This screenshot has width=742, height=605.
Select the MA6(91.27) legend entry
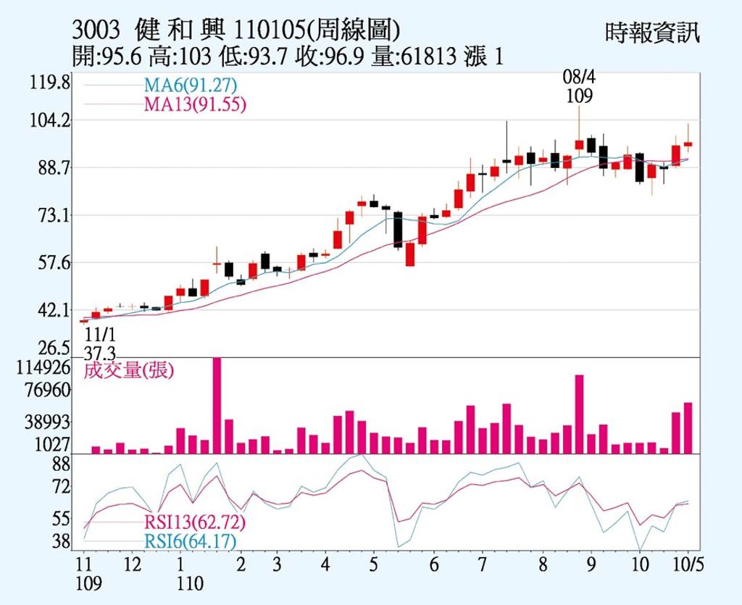click(191, 85)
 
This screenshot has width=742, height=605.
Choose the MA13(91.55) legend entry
click(195, 104)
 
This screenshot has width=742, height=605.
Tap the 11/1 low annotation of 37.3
click(100, 344)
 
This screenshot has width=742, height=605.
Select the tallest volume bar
click(217, 405)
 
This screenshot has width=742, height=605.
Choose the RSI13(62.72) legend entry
click(195, 522)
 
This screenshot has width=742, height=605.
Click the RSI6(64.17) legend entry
click(190, 541)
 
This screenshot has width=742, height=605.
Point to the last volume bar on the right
click(688, 427)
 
